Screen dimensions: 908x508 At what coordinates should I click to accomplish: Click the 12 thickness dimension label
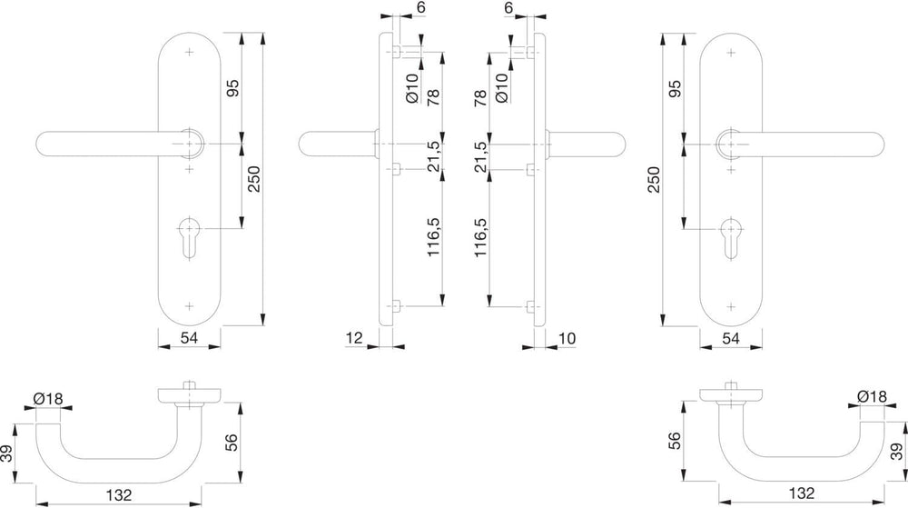click(354, 338)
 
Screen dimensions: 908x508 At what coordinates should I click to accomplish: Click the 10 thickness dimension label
click(567, 338)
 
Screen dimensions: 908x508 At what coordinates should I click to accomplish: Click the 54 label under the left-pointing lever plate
click(190, 338)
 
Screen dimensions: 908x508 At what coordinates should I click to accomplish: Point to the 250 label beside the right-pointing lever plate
click(654, 180)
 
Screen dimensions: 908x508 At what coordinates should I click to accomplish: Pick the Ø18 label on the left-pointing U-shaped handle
click(48, 399)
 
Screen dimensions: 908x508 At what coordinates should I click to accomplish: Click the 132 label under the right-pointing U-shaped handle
click(802, 493)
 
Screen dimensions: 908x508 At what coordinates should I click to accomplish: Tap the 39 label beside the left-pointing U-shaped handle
click(7, 453)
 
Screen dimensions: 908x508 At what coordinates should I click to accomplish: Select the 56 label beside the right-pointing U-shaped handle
click(676, 441)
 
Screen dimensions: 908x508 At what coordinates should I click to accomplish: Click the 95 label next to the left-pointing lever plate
click(232, 88)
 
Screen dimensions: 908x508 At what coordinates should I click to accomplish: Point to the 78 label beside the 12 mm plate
click(433, 98)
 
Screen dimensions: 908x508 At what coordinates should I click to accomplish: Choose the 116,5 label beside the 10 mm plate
click(480, 237)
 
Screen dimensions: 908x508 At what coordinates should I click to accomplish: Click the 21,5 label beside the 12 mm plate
click(433, 156)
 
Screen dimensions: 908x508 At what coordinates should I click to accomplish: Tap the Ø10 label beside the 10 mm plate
click(502, 87)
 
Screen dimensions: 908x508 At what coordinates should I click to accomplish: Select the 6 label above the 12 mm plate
click(420, 7)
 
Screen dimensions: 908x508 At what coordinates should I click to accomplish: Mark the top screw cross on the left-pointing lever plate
click(189, 52)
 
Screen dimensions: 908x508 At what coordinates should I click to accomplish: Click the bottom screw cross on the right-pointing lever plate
click(731, 306)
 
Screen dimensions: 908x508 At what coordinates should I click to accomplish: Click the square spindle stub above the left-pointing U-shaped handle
click(188, 386)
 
